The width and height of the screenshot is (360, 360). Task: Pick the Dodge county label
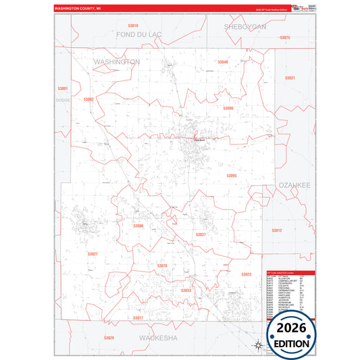63,99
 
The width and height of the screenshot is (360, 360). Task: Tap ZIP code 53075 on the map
284,38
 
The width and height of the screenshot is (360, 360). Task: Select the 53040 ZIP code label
222,62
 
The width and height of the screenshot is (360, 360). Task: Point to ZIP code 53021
290,78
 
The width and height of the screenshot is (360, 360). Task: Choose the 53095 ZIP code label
232,176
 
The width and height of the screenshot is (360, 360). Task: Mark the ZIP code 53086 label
138,226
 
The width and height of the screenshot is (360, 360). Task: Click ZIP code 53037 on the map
200,234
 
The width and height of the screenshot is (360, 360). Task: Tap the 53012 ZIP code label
276,230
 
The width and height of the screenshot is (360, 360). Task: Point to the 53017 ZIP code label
138,317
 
